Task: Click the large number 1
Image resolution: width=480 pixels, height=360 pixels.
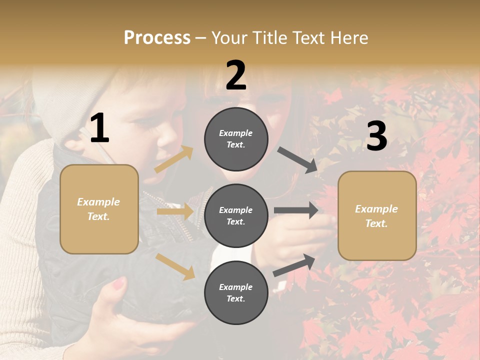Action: click(99, 128)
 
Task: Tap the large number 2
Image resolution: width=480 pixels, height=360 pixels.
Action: click(236, 75)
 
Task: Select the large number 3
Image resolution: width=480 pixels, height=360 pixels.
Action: click(376, 136)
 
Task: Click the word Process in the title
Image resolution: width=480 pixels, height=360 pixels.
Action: click(157, 37)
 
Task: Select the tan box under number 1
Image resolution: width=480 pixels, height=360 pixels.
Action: click(99, 209)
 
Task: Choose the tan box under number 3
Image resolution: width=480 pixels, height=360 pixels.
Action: click(377, 215)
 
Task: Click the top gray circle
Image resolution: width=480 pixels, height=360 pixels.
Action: click(236, 139)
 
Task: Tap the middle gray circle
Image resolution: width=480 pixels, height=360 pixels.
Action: click(236, 215)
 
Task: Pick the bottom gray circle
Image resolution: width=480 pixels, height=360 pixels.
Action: click(236, 292)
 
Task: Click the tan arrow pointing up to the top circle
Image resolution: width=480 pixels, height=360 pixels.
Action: click(174, 159)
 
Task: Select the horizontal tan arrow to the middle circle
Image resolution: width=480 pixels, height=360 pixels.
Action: click(175, 211)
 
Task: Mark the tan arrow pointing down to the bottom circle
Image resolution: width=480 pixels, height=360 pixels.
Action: click(175, 265)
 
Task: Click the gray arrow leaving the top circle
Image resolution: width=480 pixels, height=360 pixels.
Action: click(297, 160)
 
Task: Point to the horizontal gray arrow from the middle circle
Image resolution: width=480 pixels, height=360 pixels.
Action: click(296, 210)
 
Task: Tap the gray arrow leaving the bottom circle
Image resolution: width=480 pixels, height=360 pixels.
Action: click(294, 265)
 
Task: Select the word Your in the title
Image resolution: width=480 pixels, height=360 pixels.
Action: click(230, 37)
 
